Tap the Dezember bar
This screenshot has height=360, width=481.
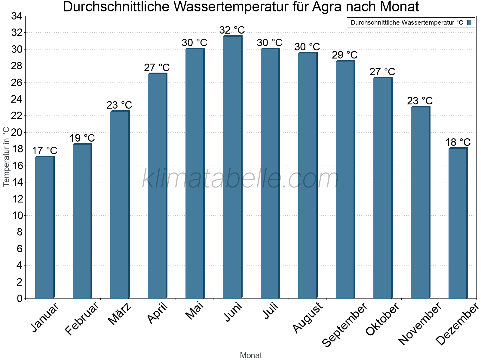coord(458,223)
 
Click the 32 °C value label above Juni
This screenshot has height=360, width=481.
coord(232,30)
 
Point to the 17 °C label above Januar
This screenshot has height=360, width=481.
coord(44,151)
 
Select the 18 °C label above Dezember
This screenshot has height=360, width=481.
coord(458,142)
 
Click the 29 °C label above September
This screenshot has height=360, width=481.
coord(345,55)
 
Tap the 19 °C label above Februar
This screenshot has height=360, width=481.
coord(82,138)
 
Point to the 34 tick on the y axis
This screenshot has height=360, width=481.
coord(17,16)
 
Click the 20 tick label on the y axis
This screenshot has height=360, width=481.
coord(17,132)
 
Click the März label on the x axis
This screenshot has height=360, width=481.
coord(120,314)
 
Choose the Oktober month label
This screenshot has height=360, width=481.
coord(382,319)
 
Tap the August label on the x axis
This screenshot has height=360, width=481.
coord(308,318)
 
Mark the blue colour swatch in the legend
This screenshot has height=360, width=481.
coord(469,22)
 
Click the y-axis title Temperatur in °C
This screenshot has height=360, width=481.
coord(6,157)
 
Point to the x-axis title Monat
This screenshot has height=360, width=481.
coord(251,355)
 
